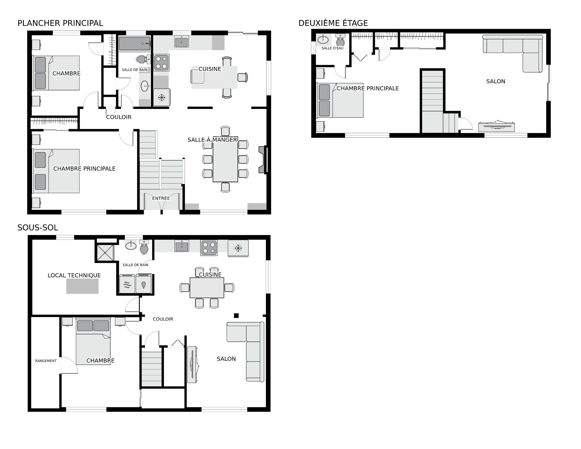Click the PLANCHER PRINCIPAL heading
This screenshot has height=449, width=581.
60,23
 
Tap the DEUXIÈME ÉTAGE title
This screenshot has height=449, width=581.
333,23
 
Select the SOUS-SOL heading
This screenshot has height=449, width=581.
38,228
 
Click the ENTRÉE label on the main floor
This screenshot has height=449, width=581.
161,198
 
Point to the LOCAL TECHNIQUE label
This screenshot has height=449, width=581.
74,275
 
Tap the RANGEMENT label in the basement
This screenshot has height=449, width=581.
46,361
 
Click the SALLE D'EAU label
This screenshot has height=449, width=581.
333,48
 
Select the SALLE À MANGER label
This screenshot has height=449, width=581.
212,140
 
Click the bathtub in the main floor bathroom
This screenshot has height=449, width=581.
135,44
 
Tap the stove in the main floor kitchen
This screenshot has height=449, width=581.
161,62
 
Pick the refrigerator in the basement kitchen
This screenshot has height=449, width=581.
238,249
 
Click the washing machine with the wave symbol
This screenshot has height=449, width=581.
127,284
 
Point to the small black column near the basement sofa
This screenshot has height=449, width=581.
236,315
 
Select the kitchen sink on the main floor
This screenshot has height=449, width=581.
182,41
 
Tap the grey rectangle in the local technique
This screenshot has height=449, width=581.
82,286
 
